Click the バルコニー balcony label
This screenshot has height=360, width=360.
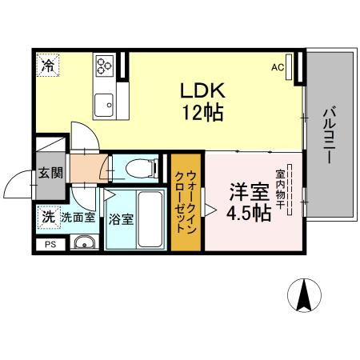point(328,135)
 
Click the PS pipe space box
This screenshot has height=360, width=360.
point(50,245)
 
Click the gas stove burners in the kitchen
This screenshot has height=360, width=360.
point(104,66)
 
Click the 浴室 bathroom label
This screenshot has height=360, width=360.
point(121,218)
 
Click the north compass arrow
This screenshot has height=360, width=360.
point(303,295)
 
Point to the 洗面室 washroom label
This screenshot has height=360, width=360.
point(78,217)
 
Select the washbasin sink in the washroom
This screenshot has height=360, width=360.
point(81,244)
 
